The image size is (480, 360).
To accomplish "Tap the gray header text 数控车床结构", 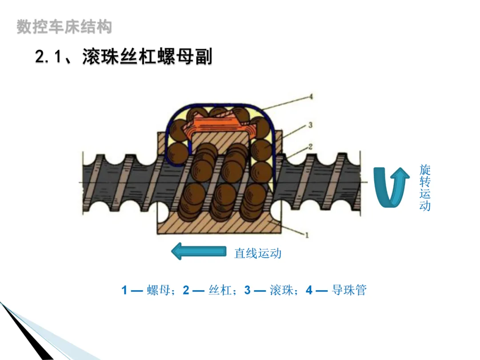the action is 64,27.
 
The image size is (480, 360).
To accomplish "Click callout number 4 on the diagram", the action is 311,96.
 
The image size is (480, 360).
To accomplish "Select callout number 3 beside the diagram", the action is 310,126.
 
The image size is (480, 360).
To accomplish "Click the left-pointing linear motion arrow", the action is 198,252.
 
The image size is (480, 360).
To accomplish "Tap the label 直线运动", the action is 258,253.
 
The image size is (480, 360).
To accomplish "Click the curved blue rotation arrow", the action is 391,187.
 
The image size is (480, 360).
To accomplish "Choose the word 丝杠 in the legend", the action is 220,291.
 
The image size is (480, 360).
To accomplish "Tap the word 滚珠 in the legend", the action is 281,291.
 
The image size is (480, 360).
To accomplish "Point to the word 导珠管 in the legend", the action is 349,291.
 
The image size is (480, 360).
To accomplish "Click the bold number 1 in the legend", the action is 124,291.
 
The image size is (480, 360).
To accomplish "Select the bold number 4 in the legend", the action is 309,291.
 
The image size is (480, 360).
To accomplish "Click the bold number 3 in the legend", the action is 248,291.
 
